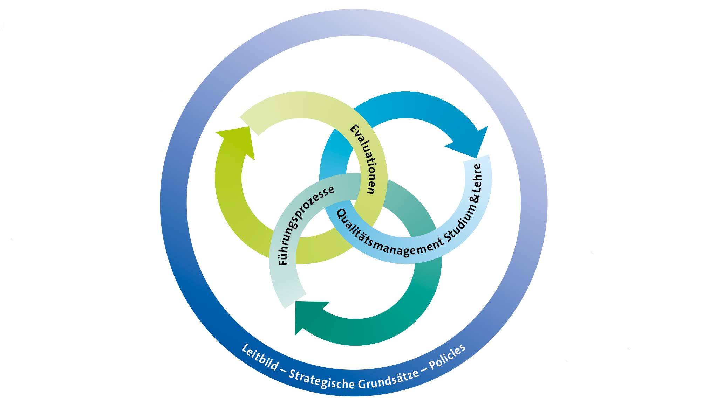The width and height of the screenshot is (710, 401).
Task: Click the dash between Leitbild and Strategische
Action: click(284, 370)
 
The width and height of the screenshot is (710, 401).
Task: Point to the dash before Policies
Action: click(424, 369)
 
